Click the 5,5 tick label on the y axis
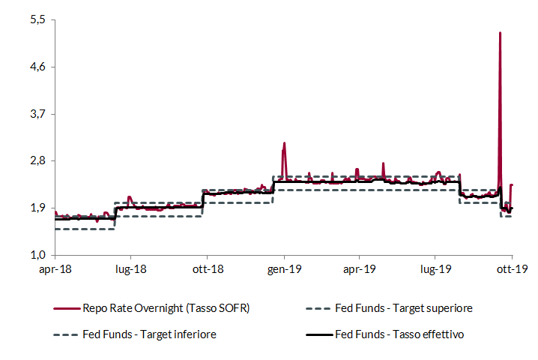click(37, 20)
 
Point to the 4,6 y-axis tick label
click(37, 67)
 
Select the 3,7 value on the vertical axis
click(37, 114)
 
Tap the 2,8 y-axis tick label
click(37, 161)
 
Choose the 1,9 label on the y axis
click(37, 208)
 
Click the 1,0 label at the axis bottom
click(37, 255)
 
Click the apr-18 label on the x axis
click(55, 268)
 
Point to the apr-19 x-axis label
click(360, 268)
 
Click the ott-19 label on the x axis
click(512, 268)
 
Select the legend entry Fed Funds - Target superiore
click(404, 308)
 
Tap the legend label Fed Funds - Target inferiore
click(150, 334)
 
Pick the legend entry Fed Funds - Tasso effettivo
click(399, 334)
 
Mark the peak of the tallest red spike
click(500, 33)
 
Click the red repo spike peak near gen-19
click(284, 142)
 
